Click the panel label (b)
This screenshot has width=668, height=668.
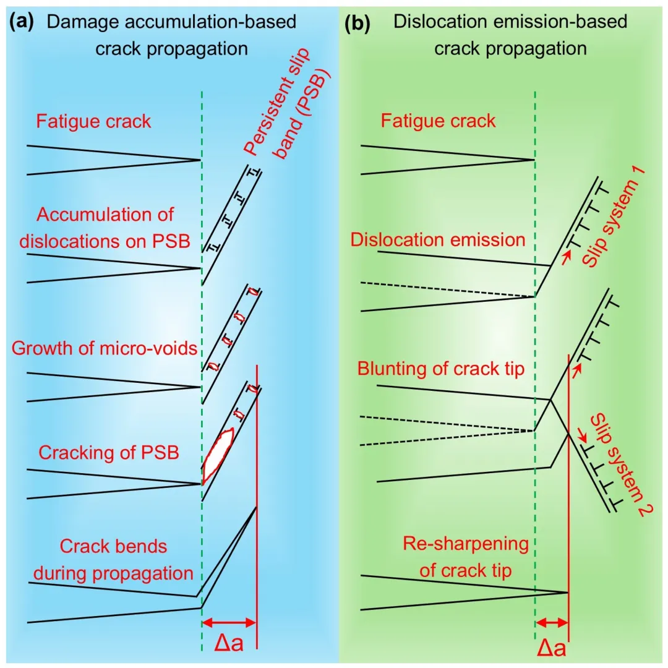(357, 23)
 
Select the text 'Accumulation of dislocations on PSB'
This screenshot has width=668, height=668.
(105, 227)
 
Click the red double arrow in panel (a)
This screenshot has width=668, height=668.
(229, 622)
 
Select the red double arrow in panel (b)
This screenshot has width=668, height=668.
(552, 622)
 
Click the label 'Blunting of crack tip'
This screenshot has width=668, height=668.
(441, 369)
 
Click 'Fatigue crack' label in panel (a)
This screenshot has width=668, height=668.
(93, 121)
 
